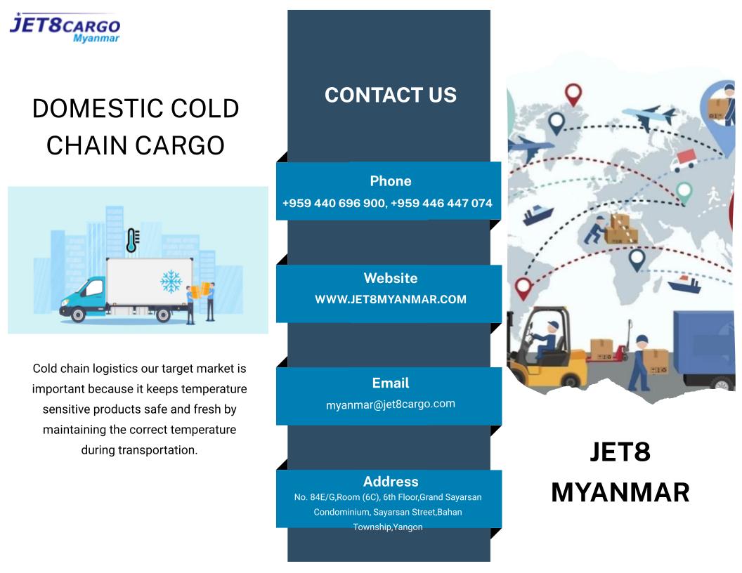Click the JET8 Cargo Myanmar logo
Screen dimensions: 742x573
tap(65, 27)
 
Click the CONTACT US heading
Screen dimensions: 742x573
tap(391, 95)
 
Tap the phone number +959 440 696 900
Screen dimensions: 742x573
tap(334, 204)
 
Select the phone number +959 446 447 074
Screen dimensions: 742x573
tap(441, 204)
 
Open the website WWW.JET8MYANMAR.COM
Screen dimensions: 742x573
tap(391, 299)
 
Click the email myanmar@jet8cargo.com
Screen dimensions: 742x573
tap(391, 404)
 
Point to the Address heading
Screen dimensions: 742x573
tap(391, 481)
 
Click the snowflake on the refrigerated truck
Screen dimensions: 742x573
tap(171, 282)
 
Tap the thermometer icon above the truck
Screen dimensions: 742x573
tap(132, 240)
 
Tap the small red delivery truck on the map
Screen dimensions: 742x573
tap(684, 160)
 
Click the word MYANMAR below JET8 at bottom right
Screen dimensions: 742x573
tap(620, 492)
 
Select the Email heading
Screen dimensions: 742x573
tap(391, 383)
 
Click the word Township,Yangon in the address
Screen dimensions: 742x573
tap(388, 527)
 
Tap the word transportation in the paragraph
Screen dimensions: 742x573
tap(157, 450)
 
